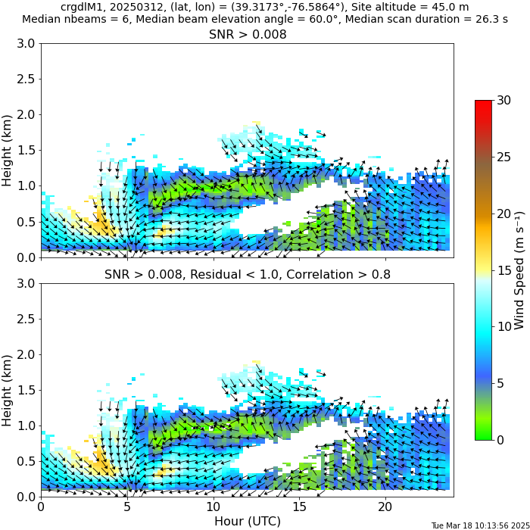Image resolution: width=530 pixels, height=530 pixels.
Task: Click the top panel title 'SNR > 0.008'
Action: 247,35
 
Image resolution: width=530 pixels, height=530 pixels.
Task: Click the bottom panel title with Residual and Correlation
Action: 247,274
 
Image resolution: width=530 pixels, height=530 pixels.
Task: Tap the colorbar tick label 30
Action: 503,100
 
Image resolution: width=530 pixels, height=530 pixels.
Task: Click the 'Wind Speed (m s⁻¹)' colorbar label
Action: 519,270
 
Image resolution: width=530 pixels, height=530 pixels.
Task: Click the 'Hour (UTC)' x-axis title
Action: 247,521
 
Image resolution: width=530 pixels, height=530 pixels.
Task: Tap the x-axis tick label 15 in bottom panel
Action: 299,506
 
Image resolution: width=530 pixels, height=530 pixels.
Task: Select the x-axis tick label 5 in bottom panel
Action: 127,506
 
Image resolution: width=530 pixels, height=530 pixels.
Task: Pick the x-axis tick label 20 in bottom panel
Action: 385,506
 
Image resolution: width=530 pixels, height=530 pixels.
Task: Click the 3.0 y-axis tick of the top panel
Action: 26,44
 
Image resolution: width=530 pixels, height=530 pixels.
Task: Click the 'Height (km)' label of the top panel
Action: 8,150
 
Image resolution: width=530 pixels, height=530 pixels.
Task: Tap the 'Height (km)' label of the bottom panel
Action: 8,389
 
